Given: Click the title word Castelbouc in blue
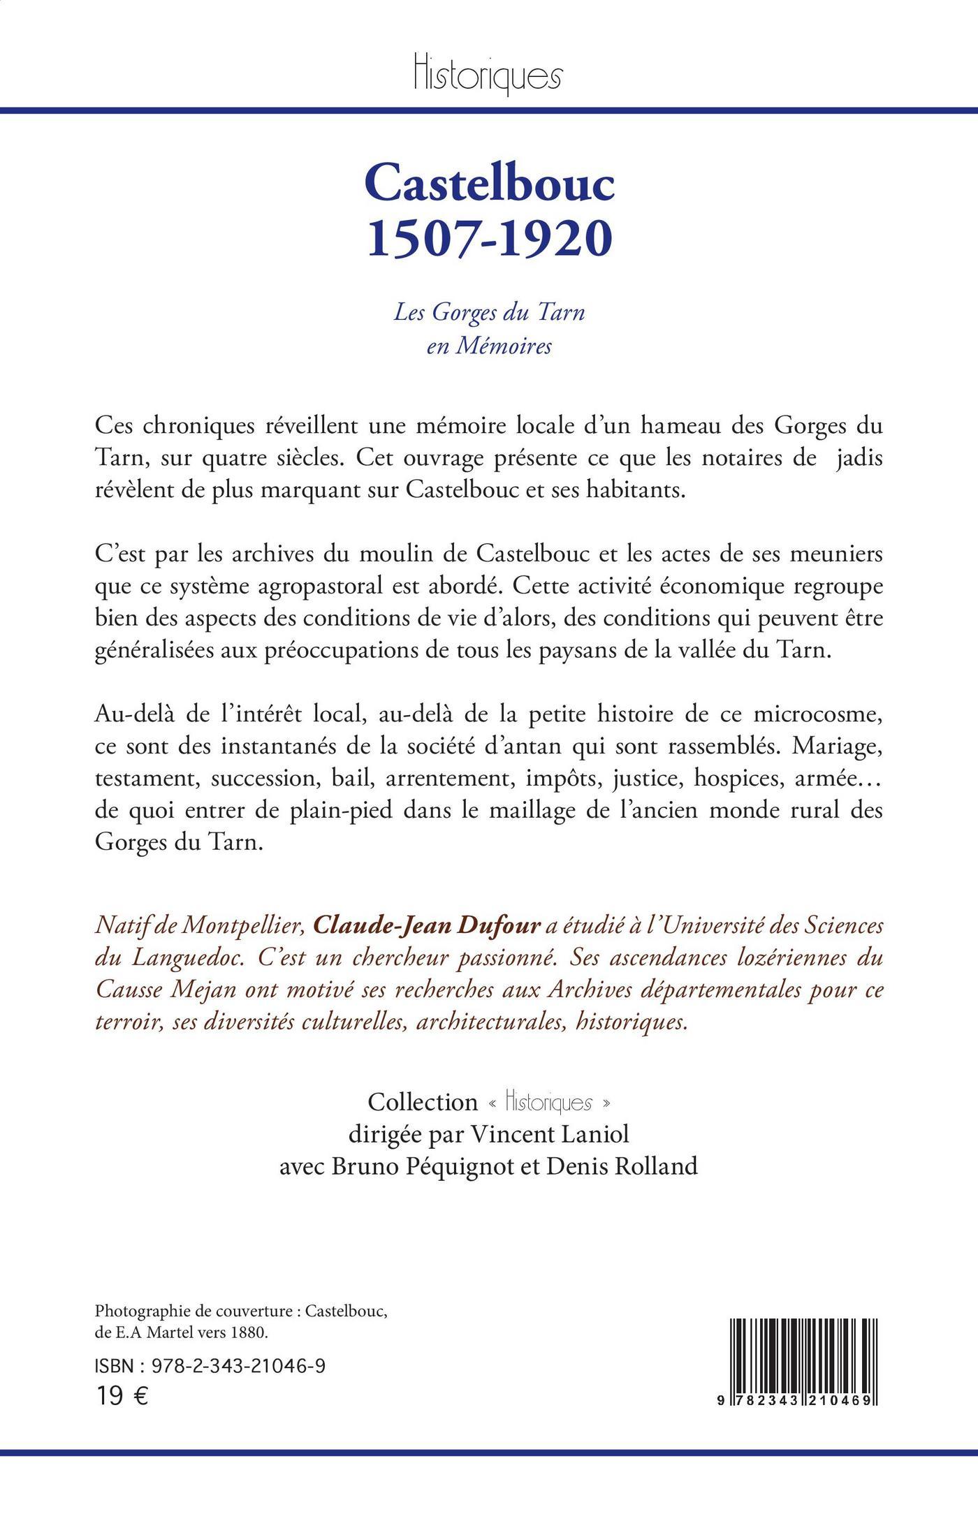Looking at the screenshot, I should click(x=489, y=184).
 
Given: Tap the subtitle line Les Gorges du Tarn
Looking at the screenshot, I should click(x=489, y=312).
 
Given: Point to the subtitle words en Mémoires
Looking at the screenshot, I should click(x=489, y=346).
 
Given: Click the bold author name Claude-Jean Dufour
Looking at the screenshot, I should click(x=427, y=925).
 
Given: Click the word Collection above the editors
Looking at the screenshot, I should click(x=423, y=1102).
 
